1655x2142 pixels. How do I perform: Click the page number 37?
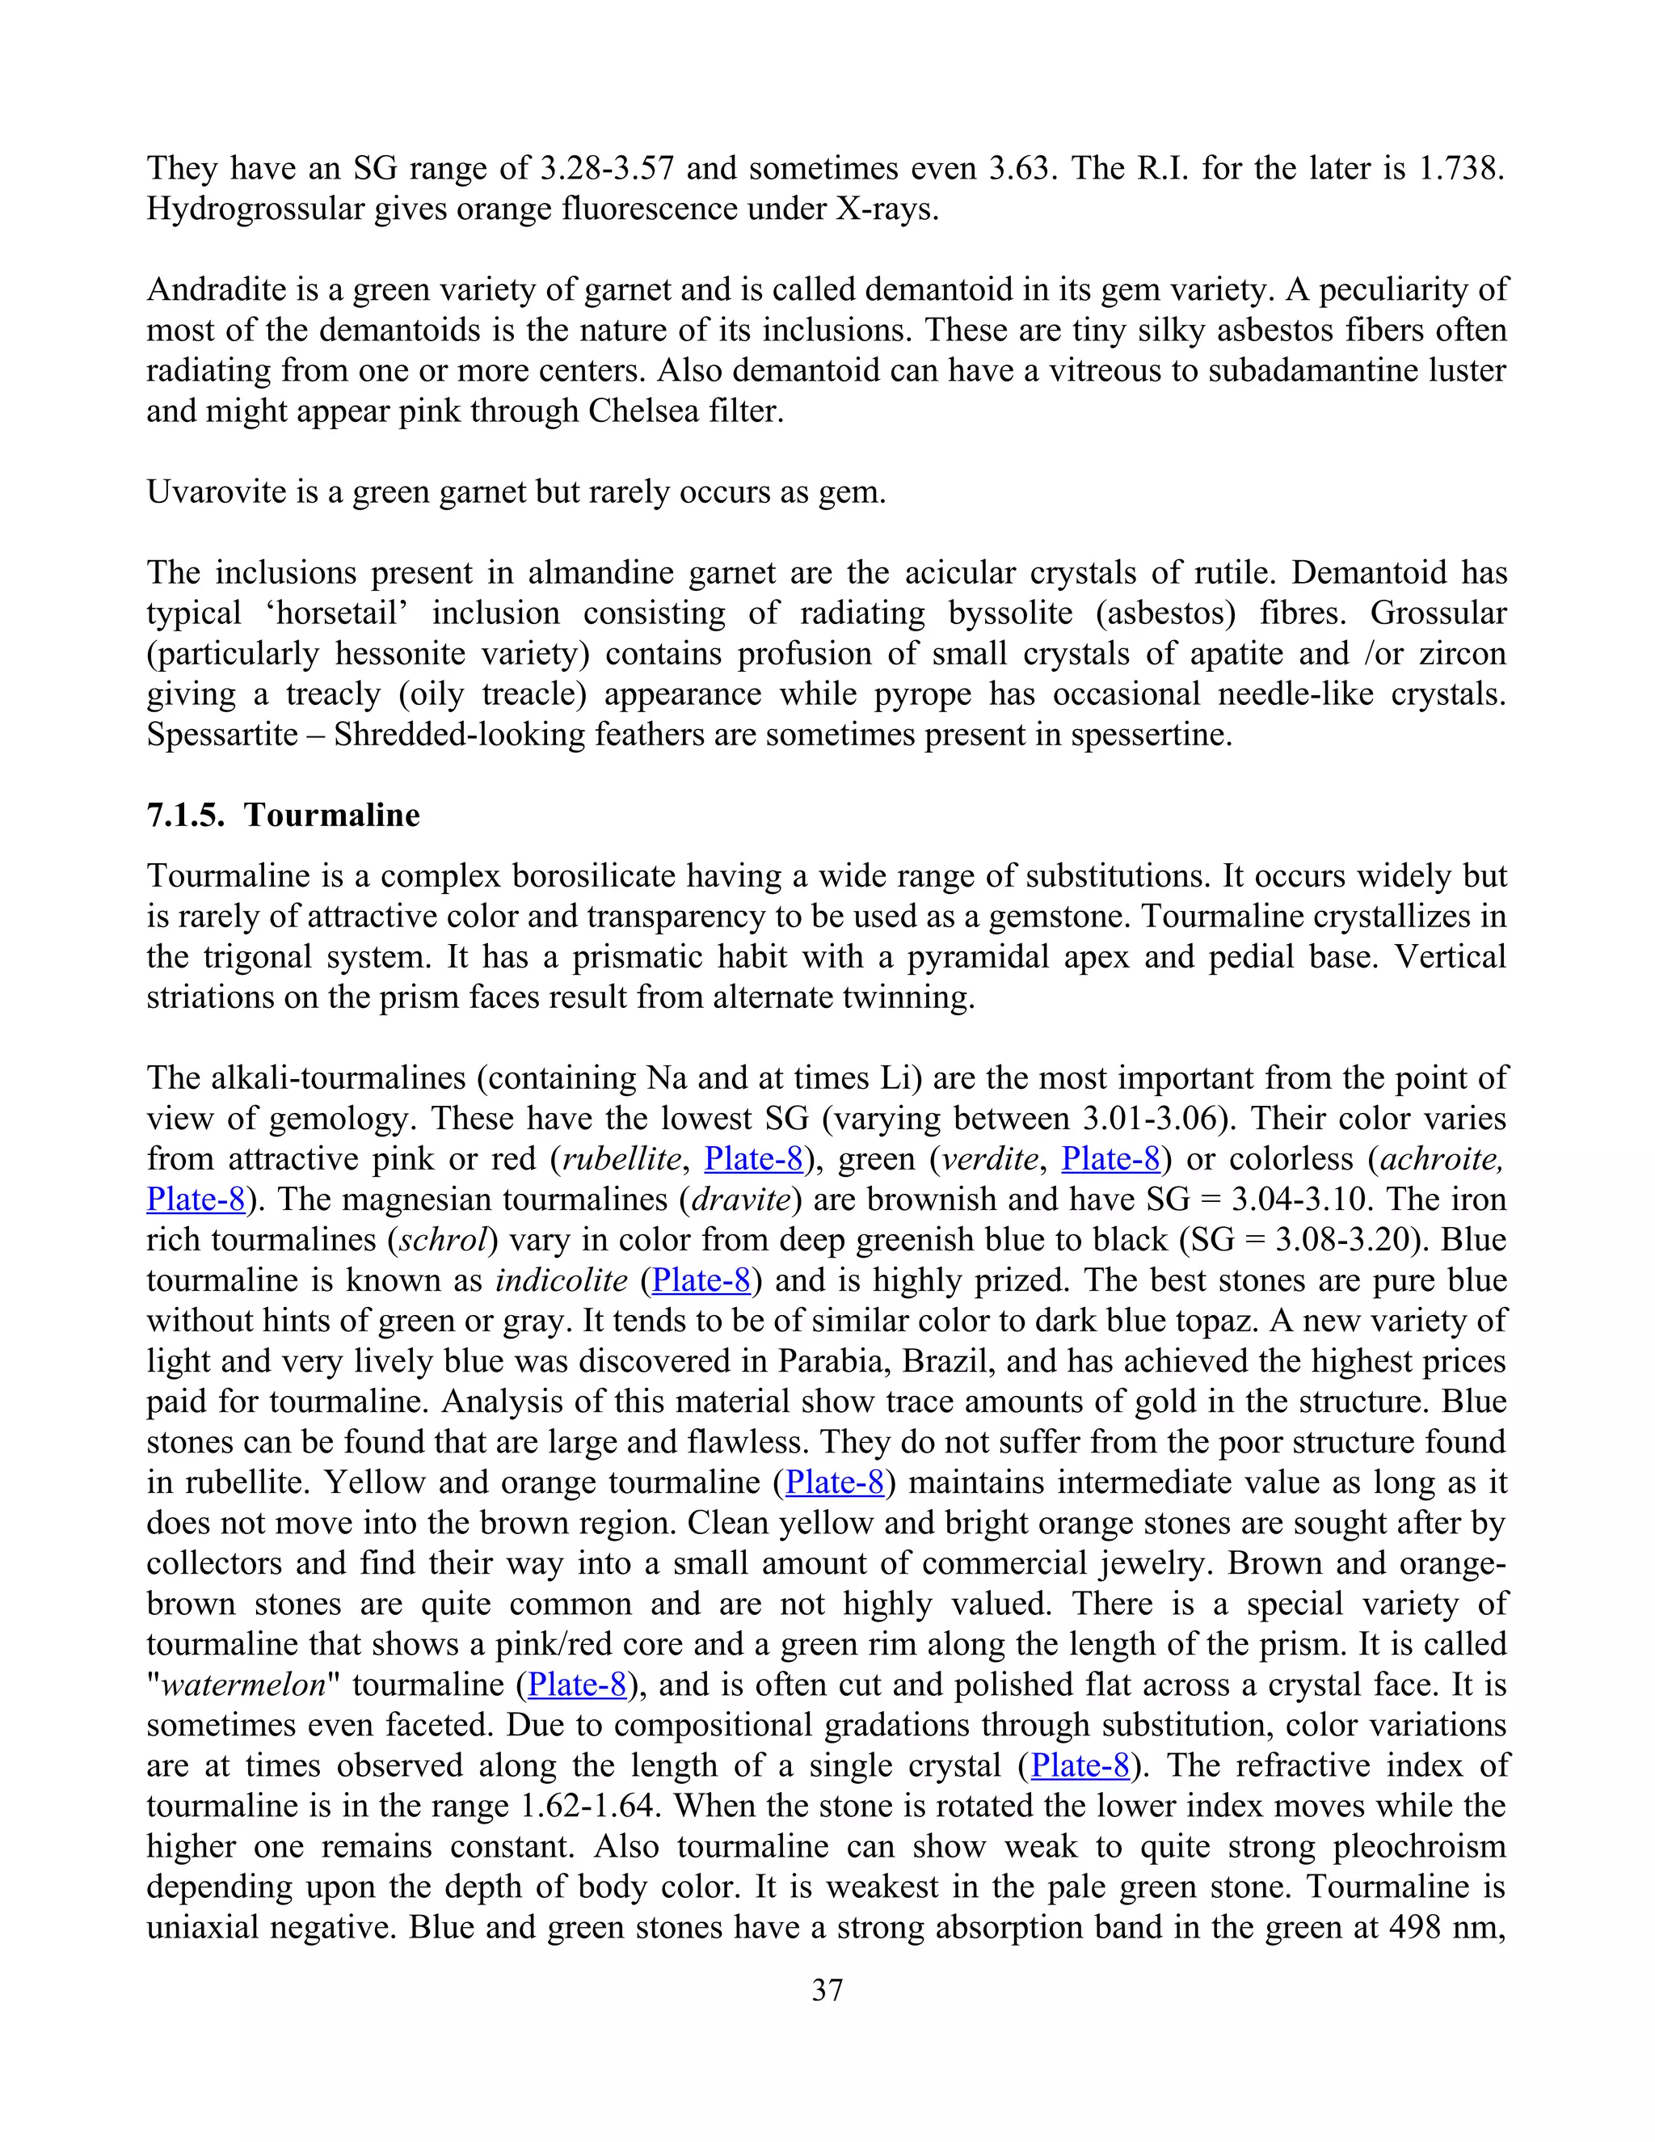tap(827, 1990)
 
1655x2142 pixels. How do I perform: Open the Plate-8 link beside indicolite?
tap(701, 1280)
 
